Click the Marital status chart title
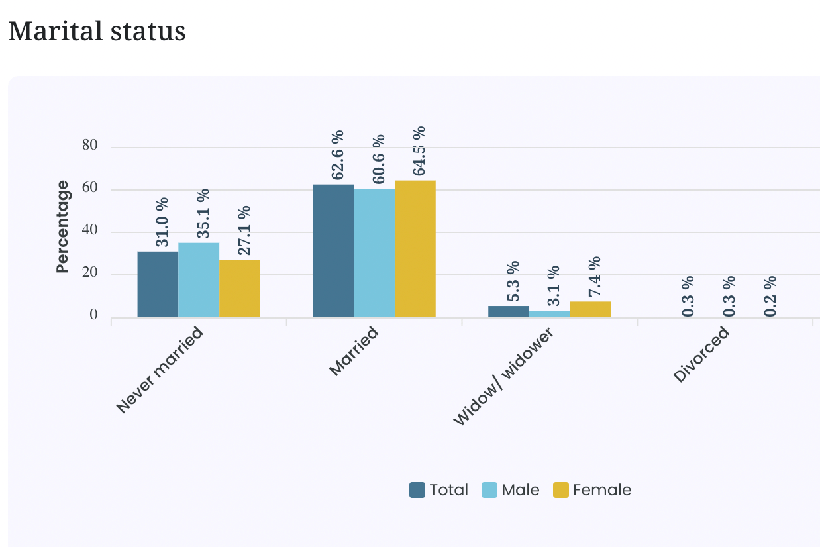pyautogui.click(x=97, y=32)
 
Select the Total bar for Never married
pyautogui.click(x=158, y=284)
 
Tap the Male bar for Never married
pyautogui.click(x=199, y=279)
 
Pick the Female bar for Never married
pyautogui.click(x=240, y=288)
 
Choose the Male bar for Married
pyautogui.click(x=374, y=253)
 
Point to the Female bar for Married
pyautogui.click(x=415, y=248)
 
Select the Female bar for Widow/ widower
pyautogui.click(x=591, y=309)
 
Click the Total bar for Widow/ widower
pyautogui.click(x=509, y=311)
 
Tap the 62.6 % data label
pyautogui.click(x=338, y=154)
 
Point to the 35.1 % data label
pyautogui.click(x=203, y=213)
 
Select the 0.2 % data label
pyautogui.click(x=770, y=295)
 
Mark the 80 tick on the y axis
pyautogui.click(x=90, y=146)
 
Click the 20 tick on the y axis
pyautogui.click(x=90, y=273)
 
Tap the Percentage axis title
pyautogui.click(x=62, y=226)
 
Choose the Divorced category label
pyautogui.click(x=701, y=355)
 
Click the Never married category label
pyautogui.click(x=160, y=370)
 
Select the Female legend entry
pyautogui.click(x=592, y=490)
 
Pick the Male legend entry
pyautogui.click(x=511, y=490)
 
